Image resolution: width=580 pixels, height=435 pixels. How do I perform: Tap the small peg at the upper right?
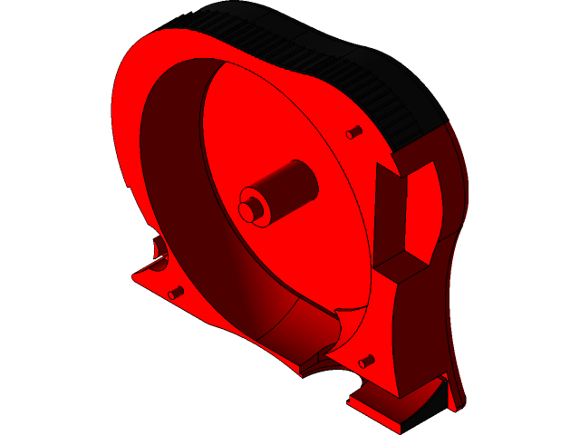pyautogui.click(x=354, y=132)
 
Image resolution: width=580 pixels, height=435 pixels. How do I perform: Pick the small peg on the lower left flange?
pyautogui.click(x=176, y=293)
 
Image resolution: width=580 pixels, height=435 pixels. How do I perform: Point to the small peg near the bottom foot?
pyautogui.click(x=366, y=362)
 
